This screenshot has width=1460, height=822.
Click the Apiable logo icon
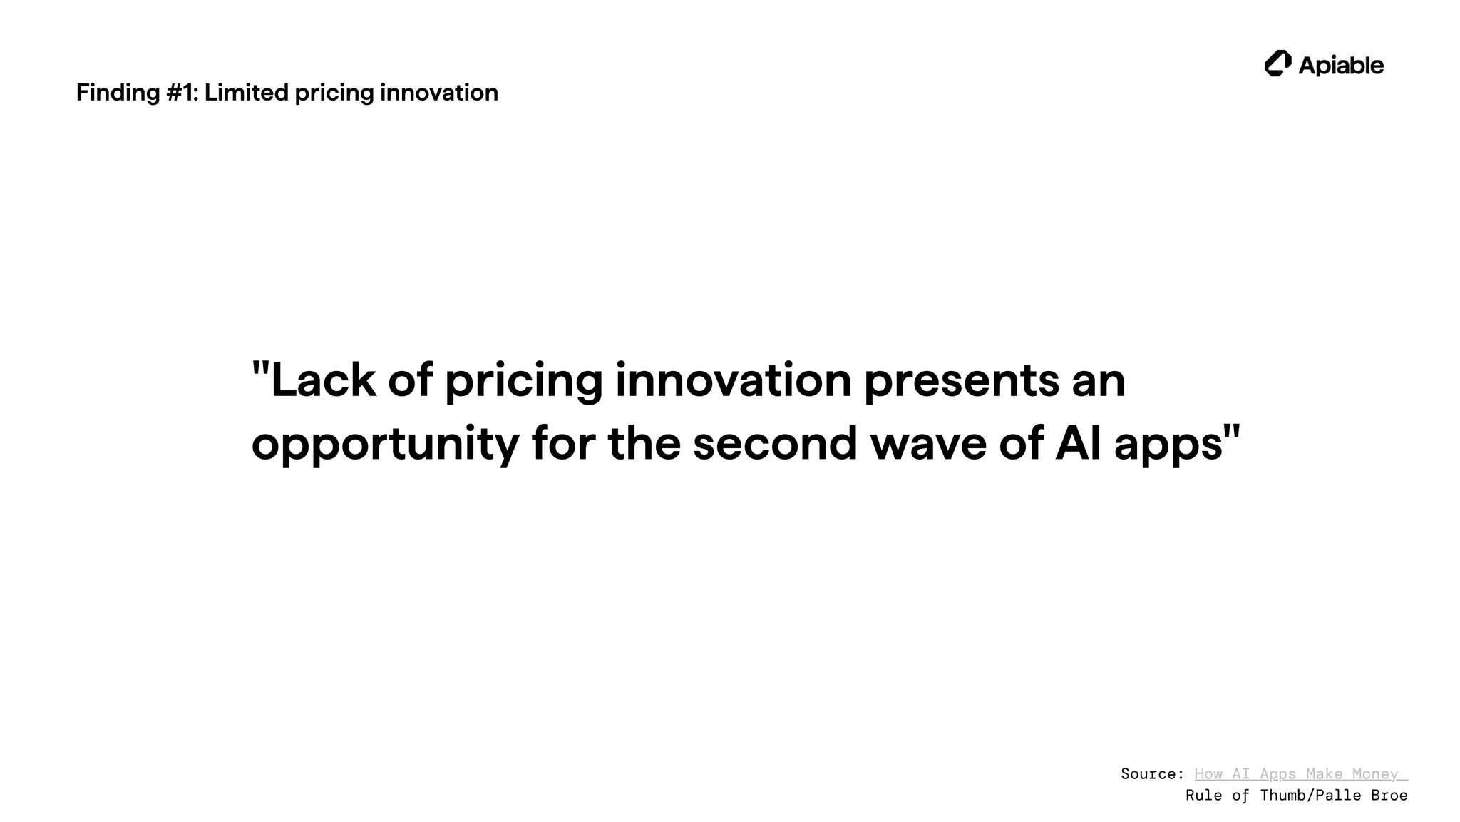pyautogui.click(x=1277, y=64)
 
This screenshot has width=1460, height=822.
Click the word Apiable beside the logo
pyautogui.click(x=1341, y=66)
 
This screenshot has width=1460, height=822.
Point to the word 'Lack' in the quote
pyautogui.click(x=323, y=380)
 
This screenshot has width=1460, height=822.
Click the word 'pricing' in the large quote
pyautogui.click(x=523, y=380)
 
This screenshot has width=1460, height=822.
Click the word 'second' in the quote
pyautogui.click(x=775, y=443)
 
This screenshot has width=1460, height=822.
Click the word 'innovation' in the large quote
pyautogui.click(x=733, y=380)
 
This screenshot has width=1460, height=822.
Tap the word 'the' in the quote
pyautogui.click(x=644, y=443)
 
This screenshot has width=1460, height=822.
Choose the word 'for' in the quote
pyautogui.click(x=563, y=443)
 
